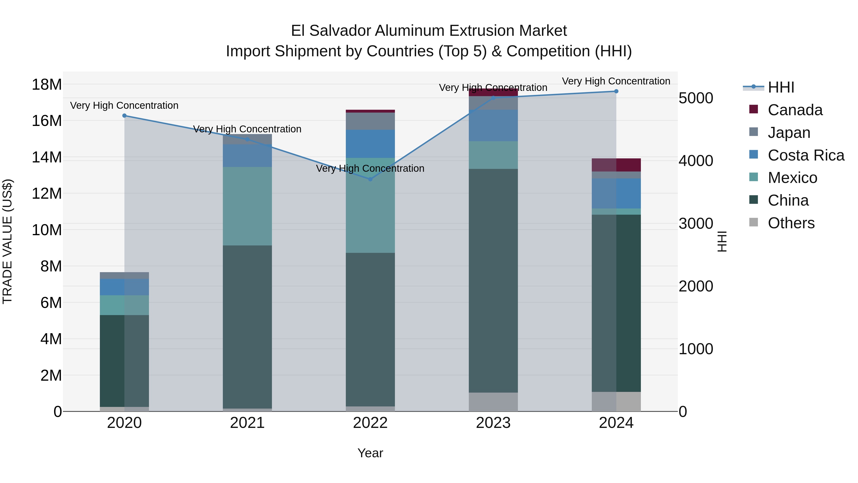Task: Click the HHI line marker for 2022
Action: point(370,179)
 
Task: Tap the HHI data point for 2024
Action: point(616,91)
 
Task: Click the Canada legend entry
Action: point(795,110)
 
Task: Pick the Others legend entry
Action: point(791,223)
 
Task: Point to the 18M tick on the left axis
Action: point(47,84)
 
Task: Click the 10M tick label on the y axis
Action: point(47,230)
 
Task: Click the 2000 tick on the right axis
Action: point(696,286)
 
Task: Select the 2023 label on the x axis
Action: point(493,423)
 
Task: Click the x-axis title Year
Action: point(370,453)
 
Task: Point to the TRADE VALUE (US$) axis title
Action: point(7,241)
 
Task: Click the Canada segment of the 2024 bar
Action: point(616,165)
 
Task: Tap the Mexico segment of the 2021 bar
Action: point(247,206)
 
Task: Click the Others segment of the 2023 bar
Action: point(493,402)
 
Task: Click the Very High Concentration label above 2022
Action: point(370,168)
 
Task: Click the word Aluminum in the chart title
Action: point(411,31)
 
